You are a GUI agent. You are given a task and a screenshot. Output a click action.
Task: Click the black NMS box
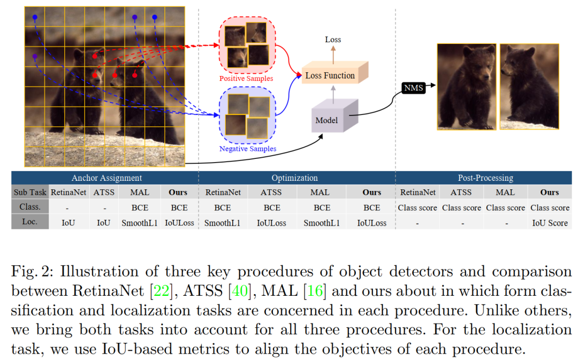(x=413, y=88)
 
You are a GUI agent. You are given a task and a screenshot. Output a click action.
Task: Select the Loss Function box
(x=330, y=75)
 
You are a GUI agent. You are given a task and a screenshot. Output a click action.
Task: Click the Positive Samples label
(x=246, y=79)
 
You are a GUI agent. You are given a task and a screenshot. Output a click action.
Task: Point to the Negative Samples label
(x=248, y=148)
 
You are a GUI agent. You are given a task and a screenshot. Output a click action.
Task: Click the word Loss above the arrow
(x=333, y=40)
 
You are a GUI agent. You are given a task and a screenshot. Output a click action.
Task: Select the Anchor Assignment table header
(x=107, y=178)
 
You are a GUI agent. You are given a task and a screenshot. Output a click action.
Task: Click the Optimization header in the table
(x=294, y=178)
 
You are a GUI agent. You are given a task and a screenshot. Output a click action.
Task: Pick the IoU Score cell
(x=550, y=223)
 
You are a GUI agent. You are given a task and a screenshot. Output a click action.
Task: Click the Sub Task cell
(x=30, y=193)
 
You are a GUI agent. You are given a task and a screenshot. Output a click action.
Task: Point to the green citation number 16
(x=312, y=292)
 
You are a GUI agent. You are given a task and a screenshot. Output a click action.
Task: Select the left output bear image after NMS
(x=466, y=86)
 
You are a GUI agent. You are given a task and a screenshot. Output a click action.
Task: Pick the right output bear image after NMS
(x=529, y=86)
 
